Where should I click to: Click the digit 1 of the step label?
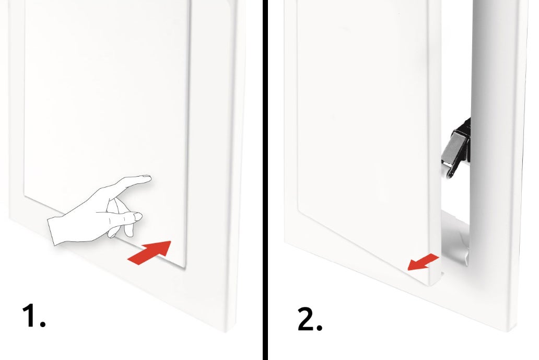(30, 316)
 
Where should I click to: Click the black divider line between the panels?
(265, 180)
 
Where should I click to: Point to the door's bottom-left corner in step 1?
(23, 196)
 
